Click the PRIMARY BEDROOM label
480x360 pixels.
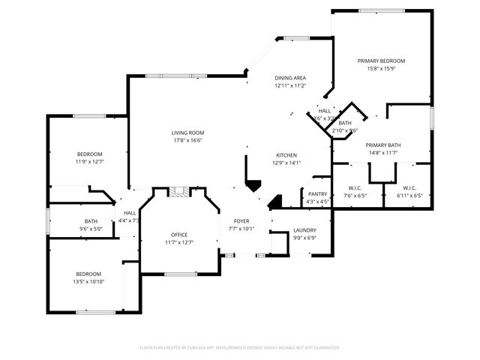[381, 61]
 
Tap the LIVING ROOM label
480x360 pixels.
[188, 133]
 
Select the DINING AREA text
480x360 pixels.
[290, 78]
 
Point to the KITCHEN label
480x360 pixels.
[289, 154]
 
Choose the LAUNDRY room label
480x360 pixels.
[304, 230]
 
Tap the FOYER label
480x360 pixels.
[241, 221]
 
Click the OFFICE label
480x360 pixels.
[179, 235]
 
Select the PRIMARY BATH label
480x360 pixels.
[382, 145]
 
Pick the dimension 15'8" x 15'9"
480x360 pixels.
[381, 68]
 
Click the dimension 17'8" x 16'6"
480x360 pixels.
[188, 140]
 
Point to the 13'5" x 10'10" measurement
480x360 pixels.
[88, 282]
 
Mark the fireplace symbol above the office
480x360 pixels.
[178, 192]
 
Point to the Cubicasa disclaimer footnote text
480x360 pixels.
[240, 347]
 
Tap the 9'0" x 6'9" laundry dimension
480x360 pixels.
[304, 238]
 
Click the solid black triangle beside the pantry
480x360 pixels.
[274, 201]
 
